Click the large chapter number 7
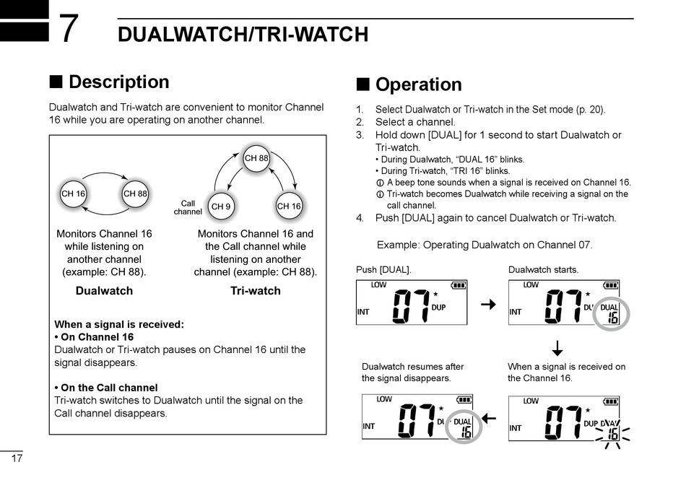coord(68,30)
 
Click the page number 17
coord(16,459)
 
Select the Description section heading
coord(118,82)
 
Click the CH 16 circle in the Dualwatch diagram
coord(73,193)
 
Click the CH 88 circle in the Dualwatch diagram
coord(135,193)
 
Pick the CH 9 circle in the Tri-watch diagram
coord(220,206)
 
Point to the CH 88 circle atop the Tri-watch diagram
coord(256,158)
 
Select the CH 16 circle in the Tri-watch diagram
coord(289,206)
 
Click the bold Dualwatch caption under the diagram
coord(104,291)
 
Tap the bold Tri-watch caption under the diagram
coord(255,291)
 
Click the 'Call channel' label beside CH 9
coord(188,207)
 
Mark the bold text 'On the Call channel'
coord(105,388)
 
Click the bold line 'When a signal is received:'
coord(119,324)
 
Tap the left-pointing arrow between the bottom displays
coord(489,418)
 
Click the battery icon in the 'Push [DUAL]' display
coord(459,285)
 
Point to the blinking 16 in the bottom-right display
coord(612,434)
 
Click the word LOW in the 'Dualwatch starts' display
coord(531,285)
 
